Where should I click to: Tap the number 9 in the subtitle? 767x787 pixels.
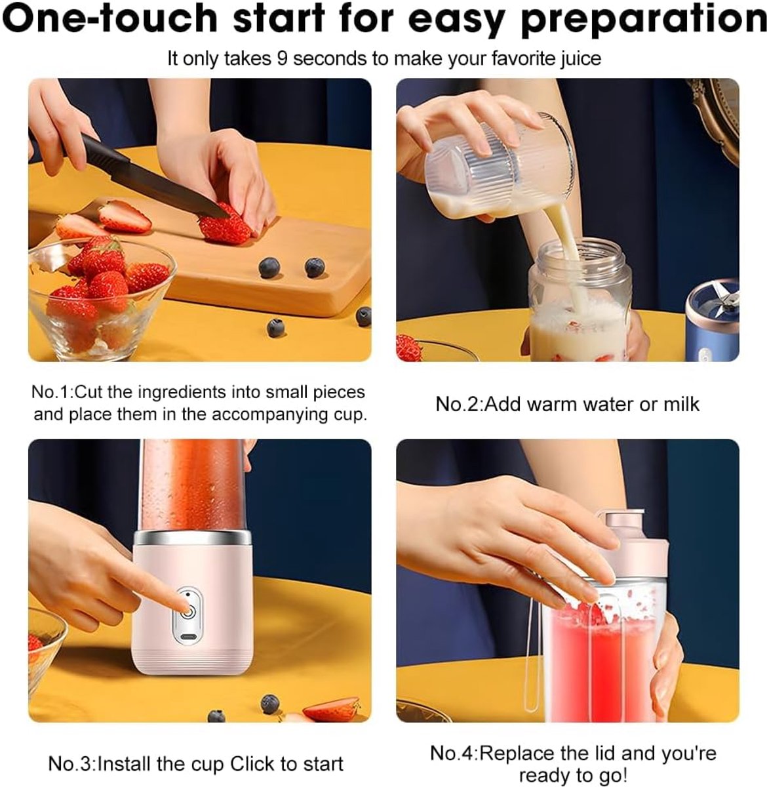(281, 58)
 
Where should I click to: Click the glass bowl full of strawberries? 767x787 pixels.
(101, 299)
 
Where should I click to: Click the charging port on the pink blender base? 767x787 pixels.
(189, 637)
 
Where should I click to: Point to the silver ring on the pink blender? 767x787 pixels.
(192, 536)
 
